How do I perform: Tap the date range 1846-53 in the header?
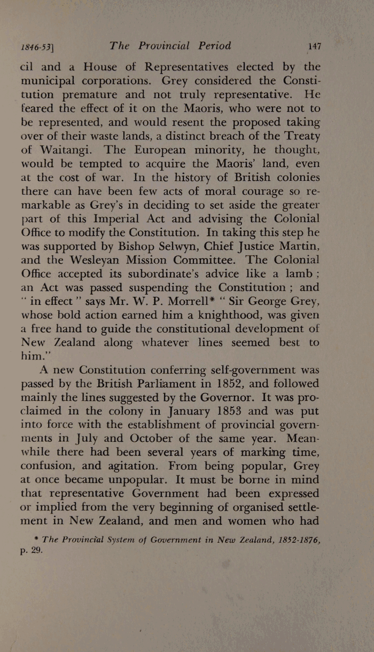coord(38,47)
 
